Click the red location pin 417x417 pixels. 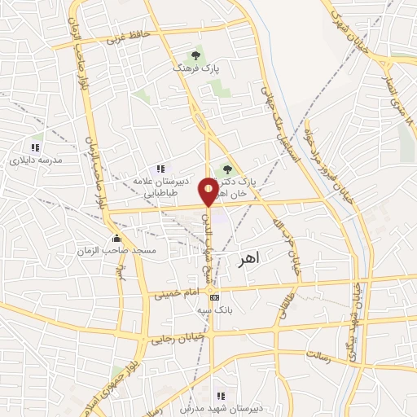[x=208, y=191]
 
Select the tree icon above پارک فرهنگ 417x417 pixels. [x=194, y=55]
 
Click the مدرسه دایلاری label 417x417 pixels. [x=35, y=160]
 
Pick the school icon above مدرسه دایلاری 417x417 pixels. [x=35, y=147]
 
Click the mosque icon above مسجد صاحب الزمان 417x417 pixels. [x=116, y=239]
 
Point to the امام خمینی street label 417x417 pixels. [x=177, y=291]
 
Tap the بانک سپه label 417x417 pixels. [x=215, y=310]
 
